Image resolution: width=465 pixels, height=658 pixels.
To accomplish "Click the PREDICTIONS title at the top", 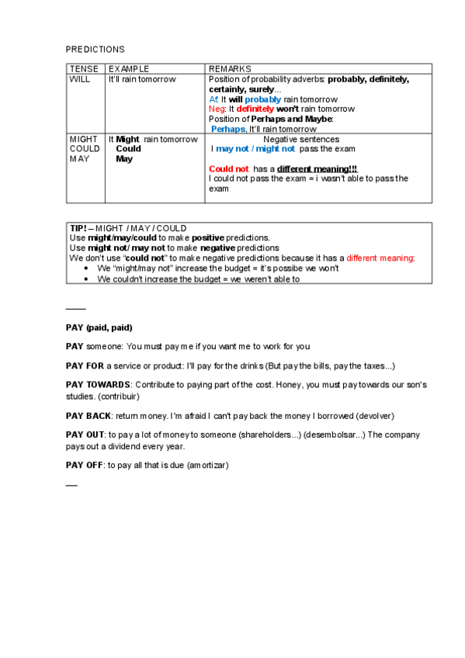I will (x=95, y=49).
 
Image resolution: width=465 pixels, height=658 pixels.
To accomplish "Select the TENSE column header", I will (x=84, y=69).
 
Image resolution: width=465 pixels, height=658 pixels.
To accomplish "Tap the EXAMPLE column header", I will (x=129, y=69).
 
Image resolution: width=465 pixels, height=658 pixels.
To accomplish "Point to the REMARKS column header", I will (x=230, y=69).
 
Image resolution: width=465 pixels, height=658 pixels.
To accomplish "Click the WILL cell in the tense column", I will (x=80, y=79).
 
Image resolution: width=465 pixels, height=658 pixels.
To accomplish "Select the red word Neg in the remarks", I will (x=217, y=109).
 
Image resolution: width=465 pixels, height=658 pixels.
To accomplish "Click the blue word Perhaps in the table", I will (x=228, y=129).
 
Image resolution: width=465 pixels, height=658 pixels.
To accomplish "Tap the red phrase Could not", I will (x=229, y=168).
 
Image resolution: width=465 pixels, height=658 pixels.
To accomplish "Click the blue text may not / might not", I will (x=255, y=149).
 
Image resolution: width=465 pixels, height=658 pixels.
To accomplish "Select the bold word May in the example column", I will (x=124, y=159).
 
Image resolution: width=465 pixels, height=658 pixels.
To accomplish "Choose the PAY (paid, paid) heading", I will (x=99, y=327).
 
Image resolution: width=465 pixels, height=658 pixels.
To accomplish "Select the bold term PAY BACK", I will (x=88, y=416).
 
